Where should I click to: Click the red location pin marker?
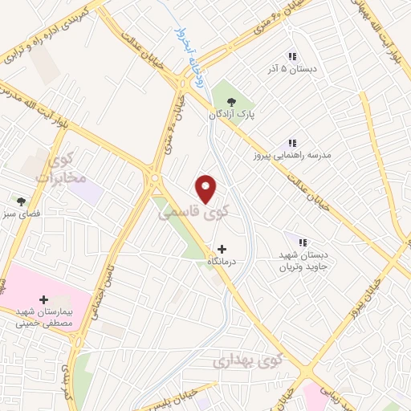[207, 188]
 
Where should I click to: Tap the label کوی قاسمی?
[192, 212]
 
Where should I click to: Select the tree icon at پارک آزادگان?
[232, 101]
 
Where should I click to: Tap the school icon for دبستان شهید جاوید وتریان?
[303, 242]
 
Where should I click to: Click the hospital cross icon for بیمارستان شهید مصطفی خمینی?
[43, 299]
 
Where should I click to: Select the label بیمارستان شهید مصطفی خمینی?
[43, 317]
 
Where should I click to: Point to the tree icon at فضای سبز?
[22, 201]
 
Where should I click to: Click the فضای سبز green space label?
[22, 215]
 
